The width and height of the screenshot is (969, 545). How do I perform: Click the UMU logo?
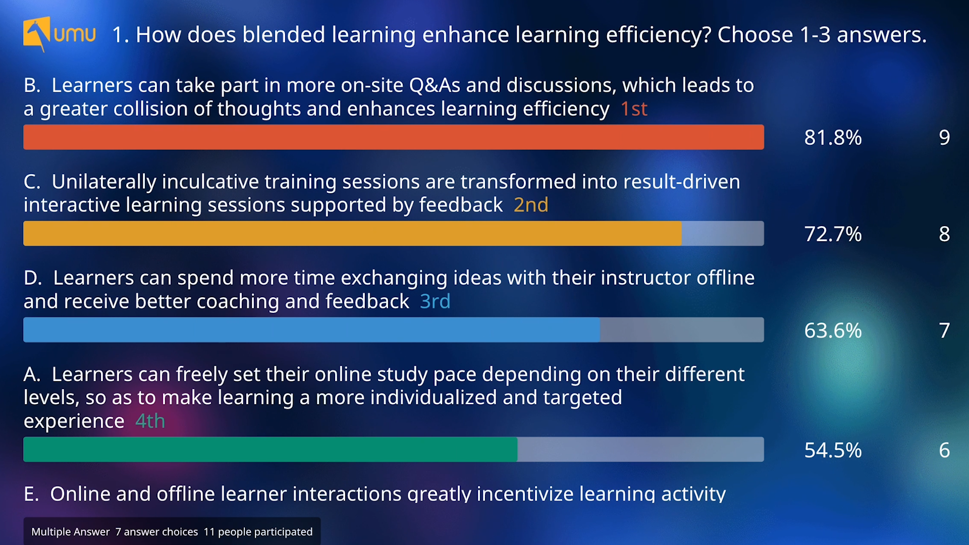pyautogui.click(x=59, y=34)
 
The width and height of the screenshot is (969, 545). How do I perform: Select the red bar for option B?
pyautogui.click(x=394, y=137)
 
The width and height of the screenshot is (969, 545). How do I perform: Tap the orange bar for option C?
pyautogui.click(x=352, y=234)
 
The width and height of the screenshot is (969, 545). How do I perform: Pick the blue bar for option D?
pyautogui.click(x=311, y=330)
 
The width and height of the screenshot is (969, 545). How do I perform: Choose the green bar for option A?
pyautogui.click(x=270, y=450)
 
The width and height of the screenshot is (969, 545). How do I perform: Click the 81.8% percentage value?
pyautogui.click(x=833, y=137)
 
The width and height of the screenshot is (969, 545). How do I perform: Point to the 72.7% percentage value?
pyautogui.click(x=833, y=234)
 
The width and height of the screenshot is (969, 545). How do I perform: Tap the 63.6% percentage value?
pyautogui.click(x=833, y=331)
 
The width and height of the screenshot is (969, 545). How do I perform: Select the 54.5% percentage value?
pyautogui.click(x=833, y=450)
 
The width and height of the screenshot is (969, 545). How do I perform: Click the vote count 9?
pyautogui.click(x=944, y=137)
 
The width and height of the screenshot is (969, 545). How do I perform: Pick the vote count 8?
pyautogui.click(x=944, y=234)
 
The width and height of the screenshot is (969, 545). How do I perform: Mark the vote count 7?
pyautogui.click(x=944, y=331)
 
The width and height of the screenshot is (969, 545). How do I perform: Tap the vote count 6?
pyautogui.click(x=944, y=450)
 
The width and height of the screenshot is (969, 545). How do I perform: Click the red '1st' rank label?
pyautogui.click(x=634, y=109)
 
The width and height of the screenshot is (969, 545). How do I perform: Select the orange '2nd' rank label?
pyautogui.click(x=531, y=205)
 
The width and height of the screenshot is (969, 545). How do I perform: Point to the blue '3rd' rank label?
pyautogui.click(x=435, y=301)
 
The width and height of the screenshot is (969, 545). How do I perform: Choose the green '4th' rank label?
pyautogui.click(x=150, y=421)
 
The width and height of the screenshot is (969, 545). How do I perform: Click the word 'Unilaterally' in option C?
pyautogui.click(x=104, y=182)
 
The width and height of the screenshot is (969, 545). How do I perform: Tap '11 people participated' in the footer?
pyautogui.click(x=258, y=532)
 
